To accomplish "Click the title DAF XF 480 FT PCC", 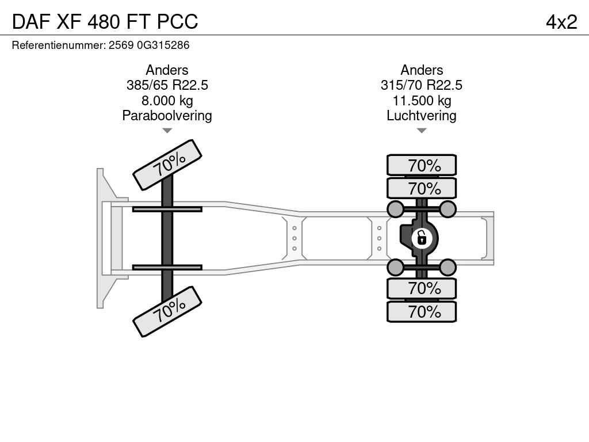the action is pyautogui.click(x=105, y=21).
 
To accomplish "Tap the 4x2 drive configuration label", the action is pyautogui.click(x=561, y=22).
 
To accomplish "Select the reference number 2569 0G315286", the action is pyautogui.click(x=149, y=45).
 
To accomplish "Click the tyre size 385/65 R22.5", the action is pyautogui.click(x=167, y=85).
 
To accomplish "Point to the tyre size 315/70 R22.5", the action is pyautogui.click(x=422, y=85).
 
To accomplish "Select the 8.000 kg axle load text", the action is pyautogui.click(x=167, y=101).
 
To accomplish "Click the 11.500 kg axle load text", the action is pyautogui.click(x=422, y=101).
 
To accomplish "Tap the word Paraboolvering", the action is pyautogui.click(x=167, y=116).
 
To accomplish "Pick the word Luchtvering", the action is pyautogui.click(x=422, y=116).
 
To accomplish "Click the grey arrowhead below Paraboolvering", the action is pyautogui.click(x=167, y=131).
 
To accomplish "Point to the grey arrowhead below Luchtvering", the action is pyautogui.click(x=422, y=131).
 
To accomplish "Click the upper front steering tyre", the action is pyautogui.click(x=167, y=165).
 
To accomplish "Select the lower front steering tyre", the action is pyautogui.click(x=167, y=311).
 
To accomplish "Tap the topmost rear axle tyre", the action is pyautogui.click(x=422, y=165).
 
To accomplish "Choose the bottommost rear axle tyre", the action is pyautogui.click(x=422, y=311).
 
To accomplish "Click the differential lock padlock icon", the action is pyautogui.click(x=422, y=238).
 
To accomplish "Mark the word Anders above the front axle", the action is pyautogui.click(x=167, y=70).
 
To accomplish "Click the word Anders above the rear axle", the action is pyautogui.click(x=422, y=70).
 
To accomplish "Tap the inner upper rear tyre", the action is pyautogui.click(x=422, y=188).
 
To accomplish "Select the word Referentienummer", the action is pyautogui.click(x=59, y=45).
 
